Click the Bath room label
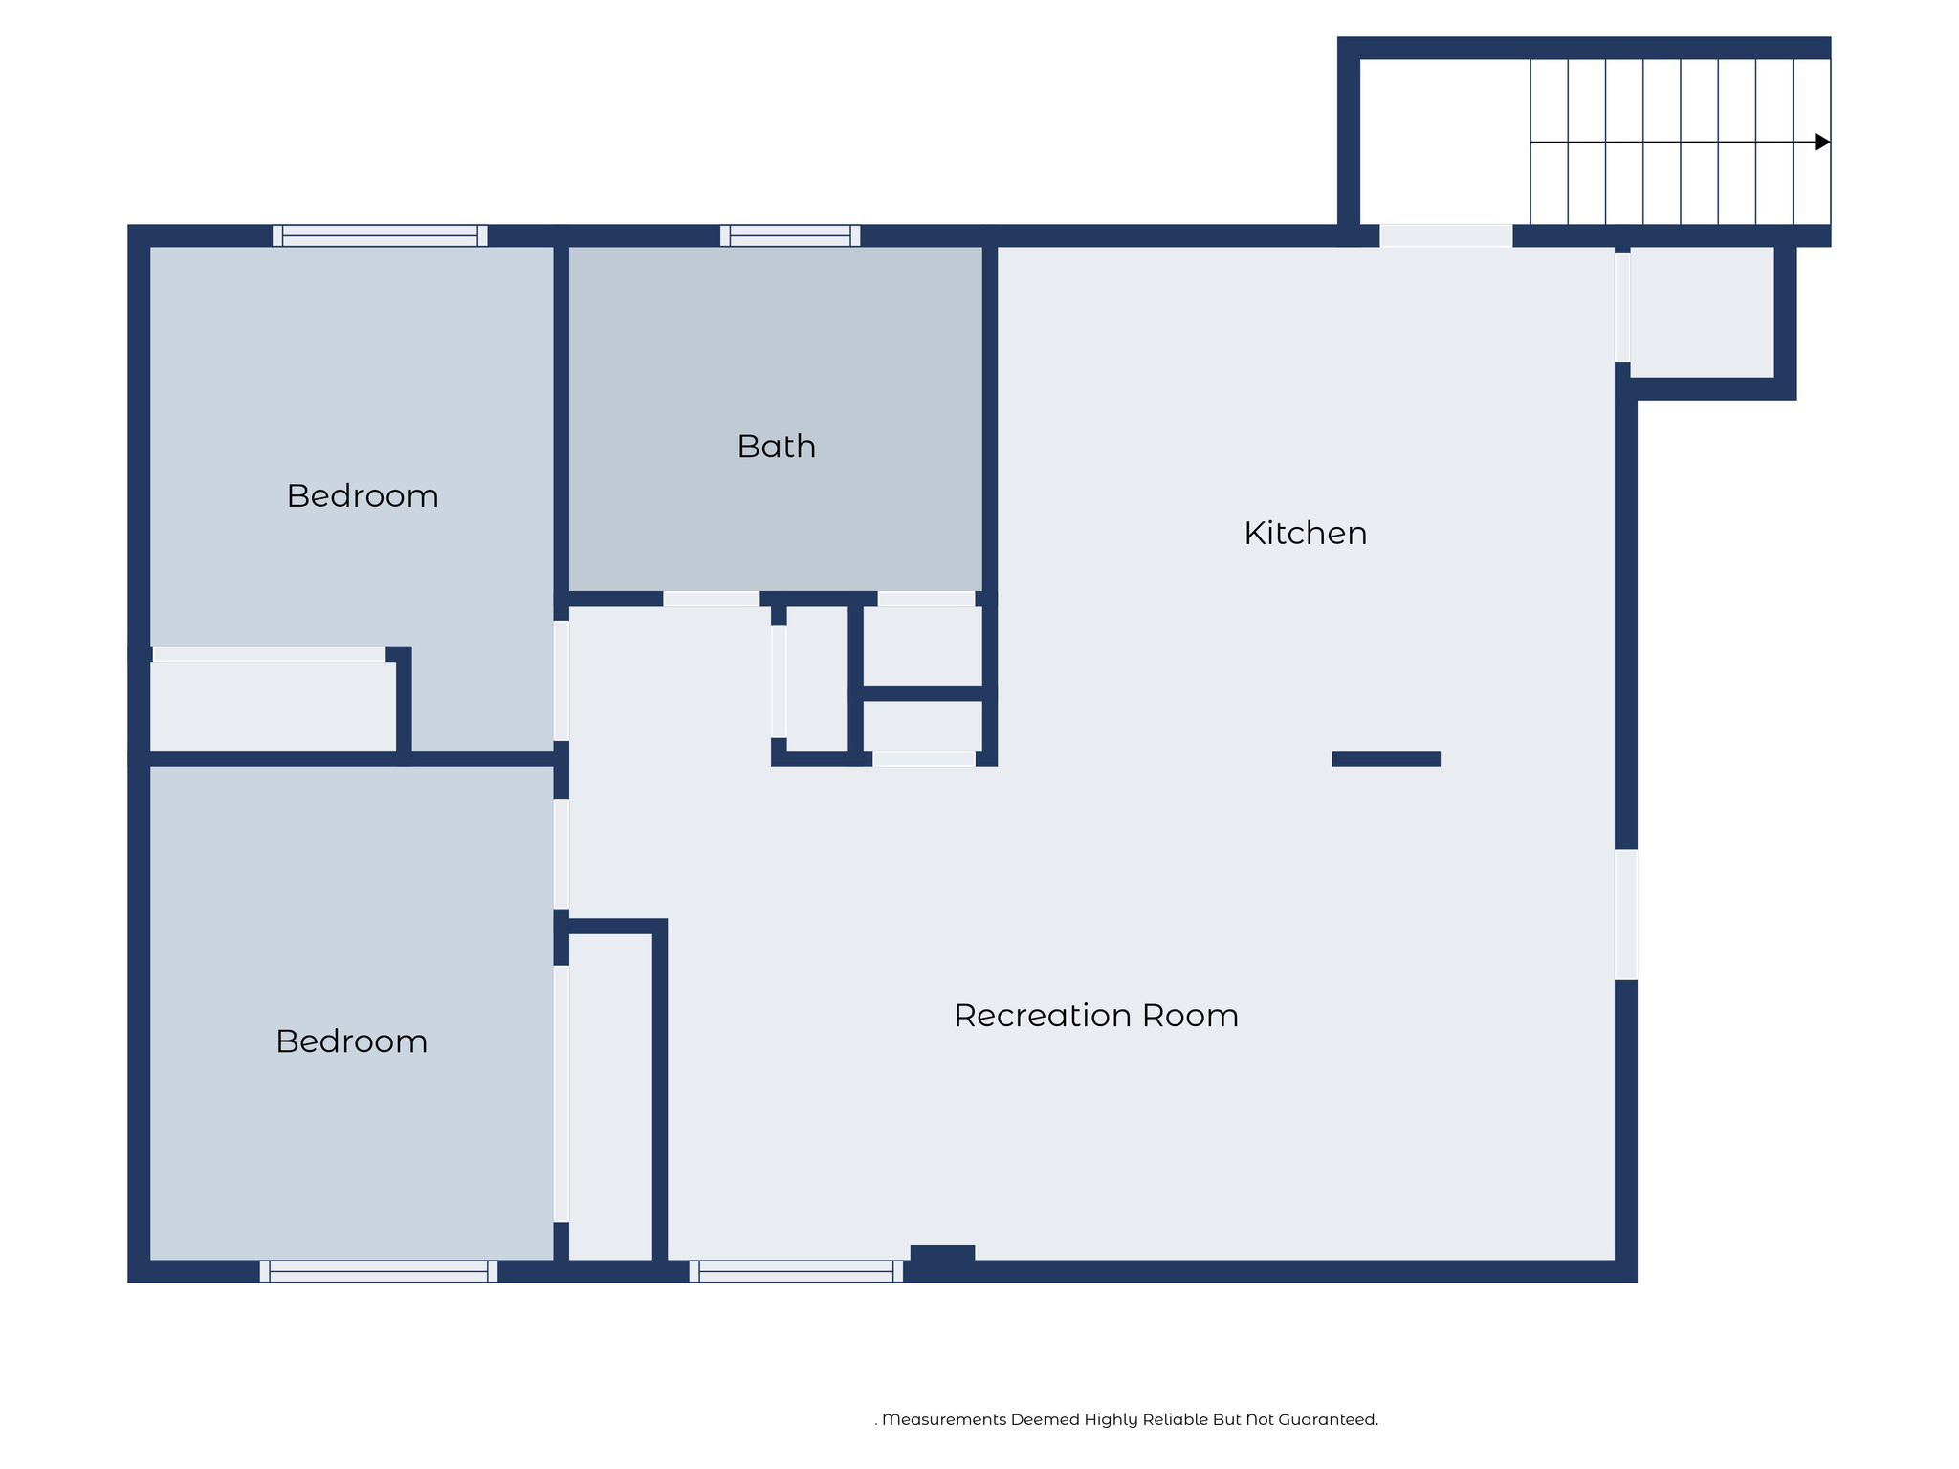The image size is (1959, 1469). coord(776,447)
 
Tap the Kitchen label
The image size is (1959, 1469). coord(1305,533)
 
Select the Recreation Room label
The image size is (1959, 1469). coord(1096,1015)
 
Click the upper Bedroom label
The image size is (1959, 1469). coord(363,495)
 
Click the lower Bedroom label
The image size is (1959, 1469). coord(351,1041)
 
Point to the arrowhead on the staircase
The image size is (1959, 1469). coord(1822,142)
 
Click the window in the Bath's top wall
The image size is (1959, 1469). coord(790,235)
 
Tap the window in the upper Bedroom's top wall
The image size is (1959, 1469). coord(380,235)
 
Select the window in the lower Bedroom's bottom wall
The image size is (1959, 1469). coord(379,1271)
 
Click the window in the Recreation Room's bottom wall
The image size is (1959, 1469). coord(796,1271)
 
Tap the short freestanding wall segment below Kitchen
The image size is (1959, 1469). coord(1386,758)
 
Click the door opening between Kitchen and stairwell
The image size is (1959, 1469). coord(1445,235)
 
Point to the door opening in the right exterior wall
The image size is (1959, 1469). coord(1626,914)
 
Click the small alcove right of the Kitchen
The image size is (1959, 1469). coord(1702,312)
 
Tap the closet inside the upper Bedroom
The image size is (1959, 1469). coord(274,707)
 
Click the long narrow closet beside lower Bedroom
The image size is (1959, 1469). coord(610,1097)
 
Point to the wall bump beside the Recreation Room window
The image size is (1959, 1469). coord(942,1253)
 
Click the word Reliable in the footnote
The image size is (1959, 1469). coord(1174,1419)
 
